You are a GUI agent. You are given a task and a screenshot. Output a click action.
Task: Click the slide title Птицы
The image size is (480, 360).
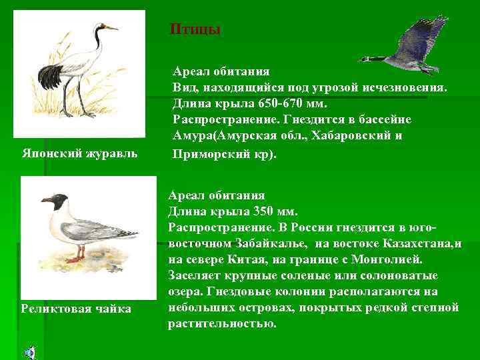195,29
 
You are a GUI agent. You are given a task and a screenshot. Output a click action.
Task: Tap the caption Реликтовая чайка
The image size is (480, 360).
76,308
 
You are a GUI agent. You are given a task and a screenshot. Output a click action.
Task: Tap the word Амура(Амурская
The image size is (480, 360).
218,136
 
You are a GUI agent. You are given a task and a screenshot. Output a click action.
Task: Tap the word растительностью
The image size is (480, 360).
221,323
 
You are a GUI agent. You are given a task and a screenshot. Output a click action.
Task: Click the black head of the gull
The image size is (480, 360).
60,201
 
